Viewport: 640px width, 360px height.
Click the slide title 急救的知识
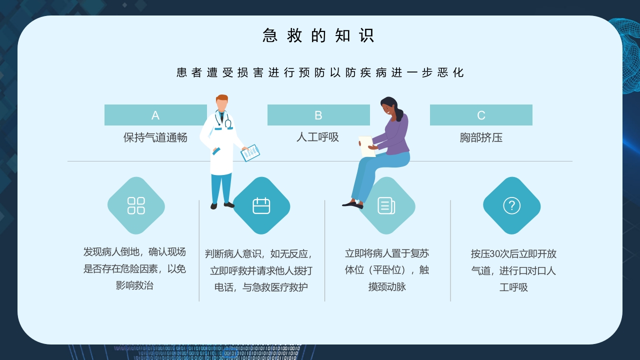pos(318,35)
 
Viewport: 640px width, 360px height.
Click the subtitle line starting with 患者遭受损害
pos(320,72)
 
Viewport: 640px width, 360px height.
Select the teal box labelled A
pos(155,115)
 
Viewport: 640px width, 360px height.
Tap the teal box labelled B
pos(318,115)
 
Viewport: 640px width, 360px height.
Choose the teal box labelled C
pos(481,115)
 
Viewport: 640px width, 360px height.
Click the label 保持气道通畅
pos(155,137)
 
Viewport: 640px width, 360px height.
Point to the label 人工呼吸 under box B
pos(317,137)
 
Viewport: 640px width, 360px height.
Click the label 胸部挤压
pos(481,137)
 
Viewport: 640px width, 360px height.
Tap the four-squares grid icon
pos(136,205)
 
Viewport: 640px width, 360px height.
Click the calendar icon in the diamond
pos(261,205)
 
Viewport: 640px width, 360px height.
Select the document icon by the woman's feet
pos(386,205)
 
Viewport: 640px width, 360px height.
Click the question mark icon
pos(511,205)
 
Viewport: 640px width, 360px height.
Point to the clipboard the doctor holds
pos(250,152)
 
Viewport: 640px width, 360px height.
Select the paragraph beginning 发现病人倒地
pos(134,269)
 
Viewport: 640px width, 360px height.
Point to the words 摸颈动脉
pos(387,287)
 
